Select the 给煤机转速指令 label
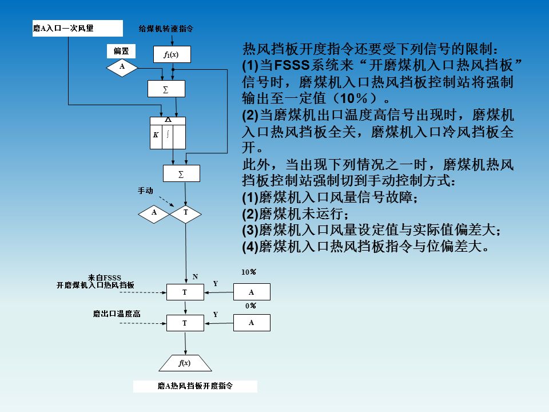point(166,27)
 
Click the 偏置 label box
point(121,51)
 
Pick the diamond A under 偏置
point(122,67)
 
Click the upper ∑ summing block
point(166,89)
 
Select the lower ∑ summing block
point(181,173)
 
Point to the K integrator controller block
point(168,134)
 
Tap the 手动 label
point(145,190)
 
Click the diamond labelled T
point(186,213)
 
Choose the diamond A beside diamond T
point(154,213)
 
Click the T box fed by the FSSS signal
point(185,292)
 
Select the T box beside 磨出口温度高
point(185,323)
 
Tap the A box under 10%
point(252,292)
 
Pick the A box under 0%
point(252,323)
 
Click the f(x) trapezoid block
point(184,363)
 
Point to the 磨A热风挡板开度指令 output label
point(195,386)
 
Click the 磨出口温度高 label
point(117,314)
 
